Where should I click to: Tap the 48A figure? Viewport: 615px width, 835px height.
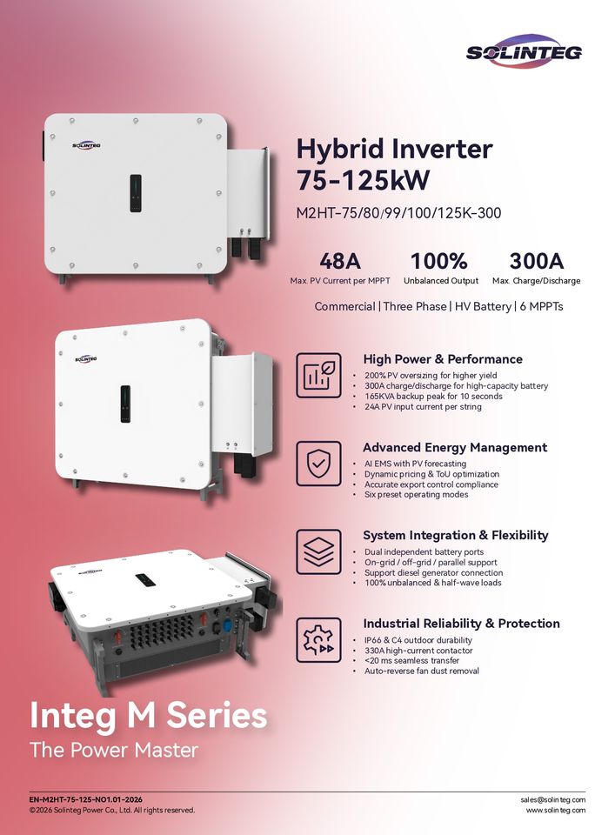point(340,260)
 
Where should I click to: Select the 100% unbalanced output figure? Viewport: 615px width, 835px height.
point(438,260)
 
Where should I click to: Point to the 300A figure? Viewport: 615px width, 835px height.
point(536,260)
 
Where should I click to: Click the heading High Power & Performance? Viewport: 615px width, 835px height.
point(443,359)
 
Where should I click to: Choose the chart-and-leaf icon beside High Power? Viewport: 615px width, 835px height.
point(318,375)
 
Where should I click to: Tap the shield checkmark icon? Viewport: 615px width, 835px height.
point(318,464)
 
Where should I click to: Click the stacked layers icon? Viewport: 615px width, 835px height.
point(318,551)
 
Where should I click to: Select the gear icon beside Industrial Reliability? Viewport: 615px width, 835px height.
point(318,639)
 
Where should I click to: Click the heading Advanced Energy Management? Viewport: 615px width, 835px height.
point(455,447)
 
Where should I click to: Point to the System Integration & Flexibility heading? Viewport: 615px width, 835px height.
point(456,535)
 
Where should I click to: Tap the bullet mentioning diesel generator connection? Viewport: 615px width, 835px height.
point(433,572)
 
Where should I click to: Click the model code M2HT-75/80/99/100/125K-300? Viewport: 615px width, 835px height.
point(398,212)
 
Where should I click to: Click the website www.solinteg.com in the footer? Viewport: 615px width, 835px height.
point(555,810)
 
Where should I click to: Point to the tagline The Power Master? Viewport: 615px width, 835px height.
point(114,750)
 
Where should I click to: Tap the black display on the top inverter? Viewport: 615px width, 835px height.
point(136,192)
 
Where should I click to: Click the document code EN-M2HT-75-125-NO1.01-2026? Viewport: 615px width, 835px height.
point(86,799)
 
